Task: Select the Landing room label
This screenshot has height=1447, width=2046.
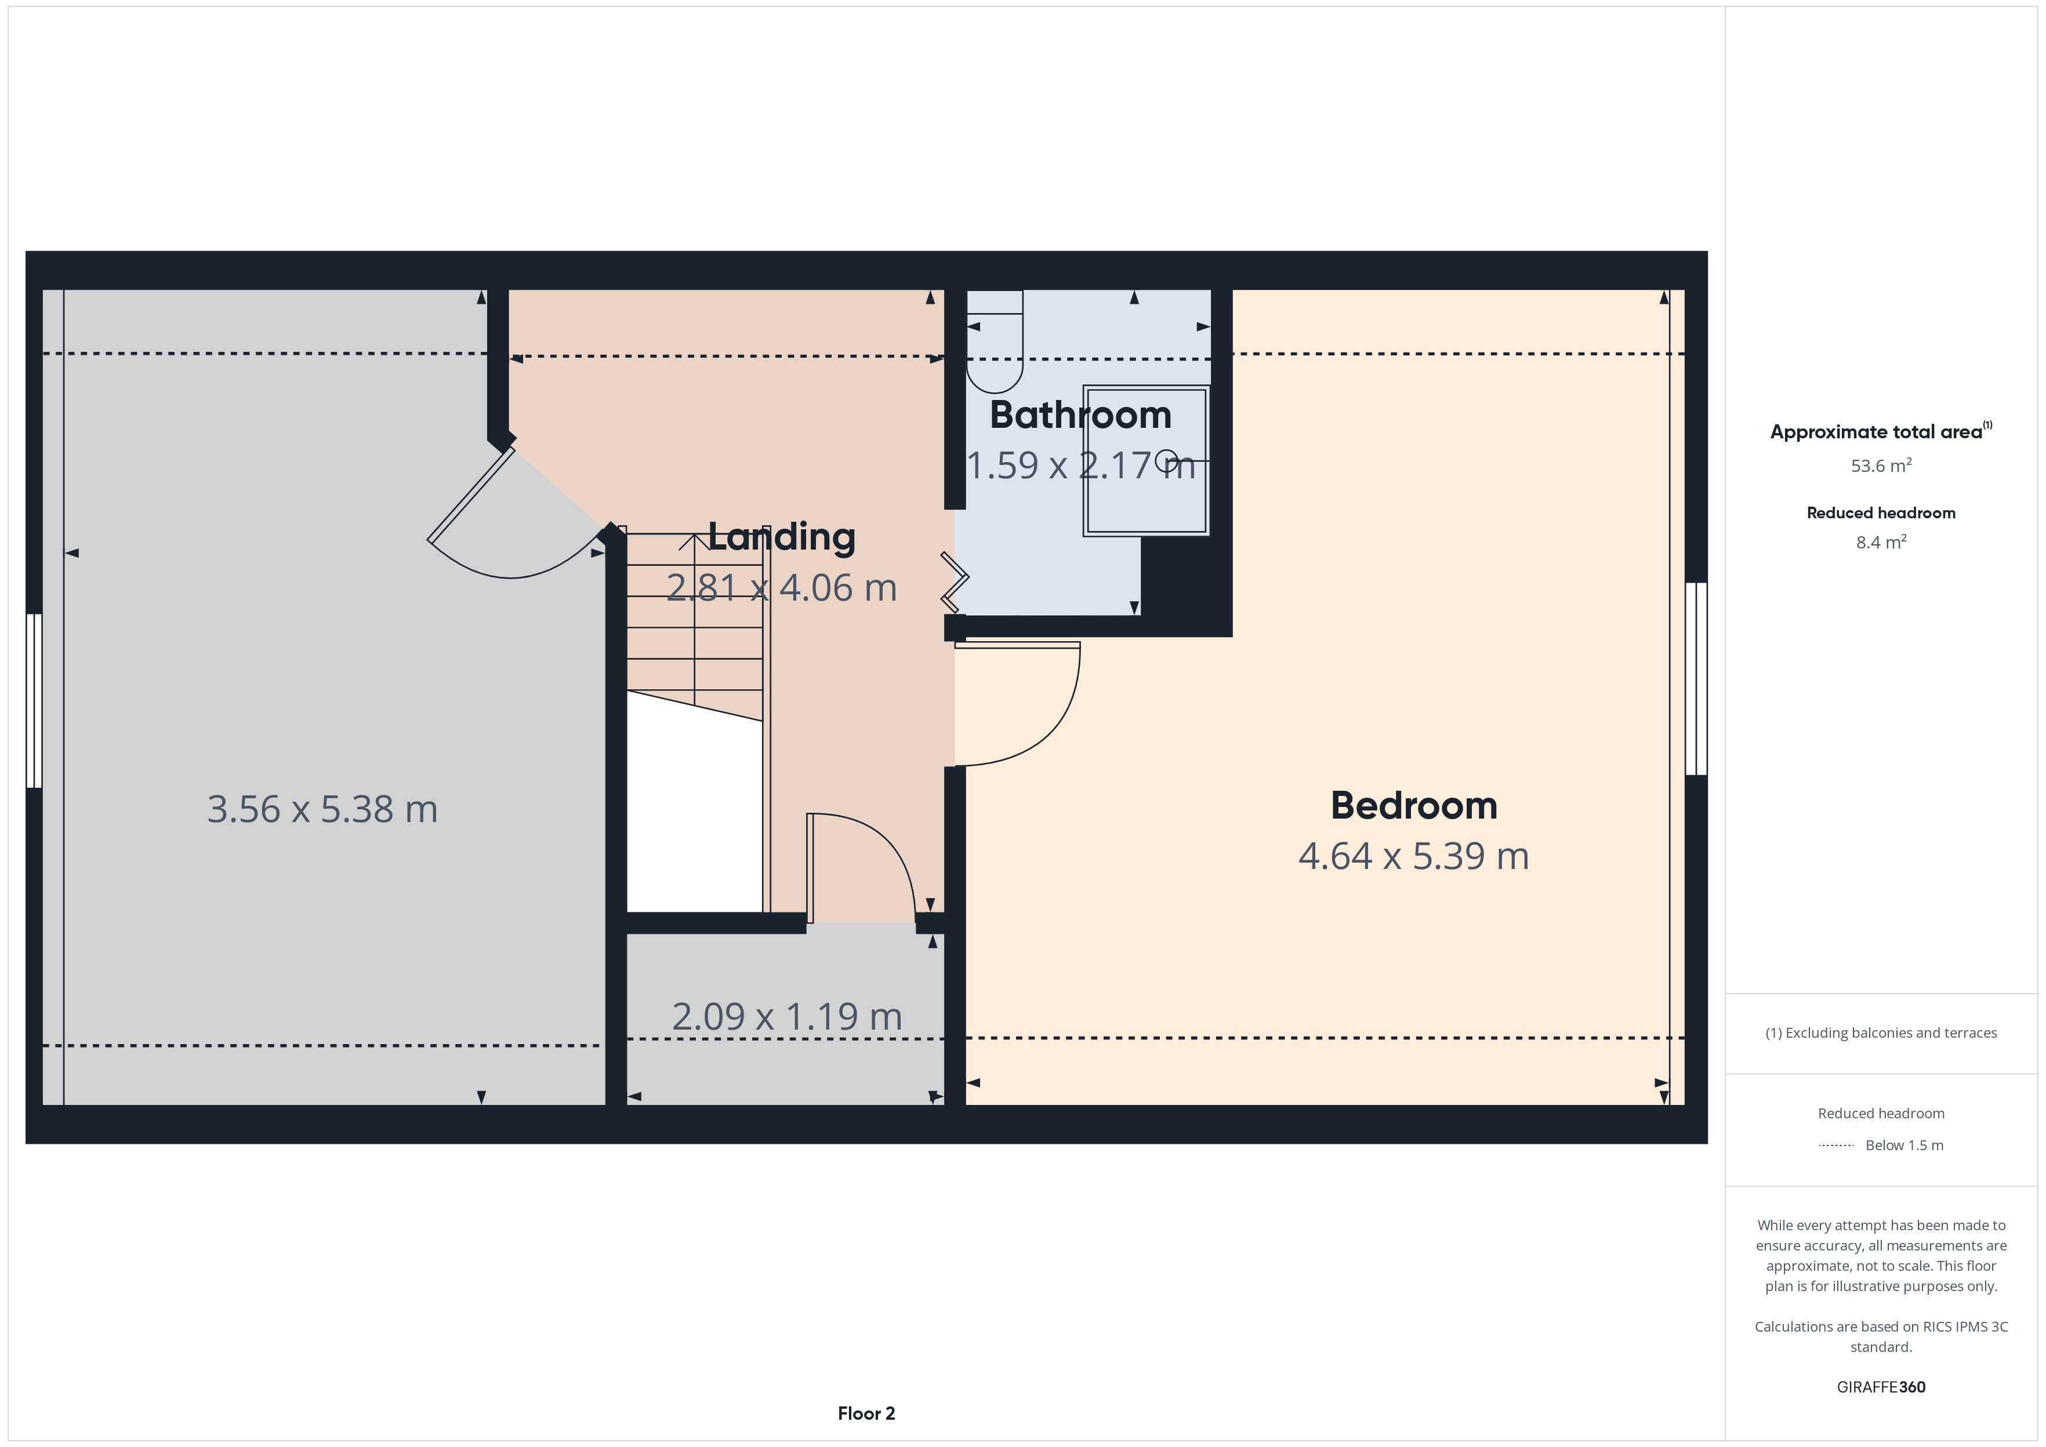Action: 782,537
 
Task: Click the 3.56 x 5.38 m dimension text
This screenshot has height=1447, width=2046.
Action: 322,809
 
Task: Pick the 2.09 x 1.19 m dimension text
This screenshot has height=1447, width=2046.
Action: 787,1017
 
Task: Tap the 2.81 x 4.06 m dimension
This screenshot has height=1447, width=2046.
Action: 782,588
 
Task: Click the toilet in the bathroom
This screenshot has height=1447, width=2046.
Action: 995,341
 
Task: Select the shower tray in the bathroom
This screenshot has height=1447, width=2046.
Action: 1146,461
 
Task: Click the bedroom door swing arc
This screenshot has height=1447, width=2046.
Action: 1051,730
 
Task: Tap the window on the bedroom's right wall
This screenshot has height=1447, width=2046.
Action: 1696,679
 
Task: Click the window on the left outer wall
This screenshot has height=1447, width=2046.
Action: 34,700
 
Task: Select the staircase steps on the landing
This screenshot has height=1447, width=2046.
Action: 695,624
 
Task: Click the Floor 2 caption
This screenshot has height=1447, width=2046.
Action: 866,1413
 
